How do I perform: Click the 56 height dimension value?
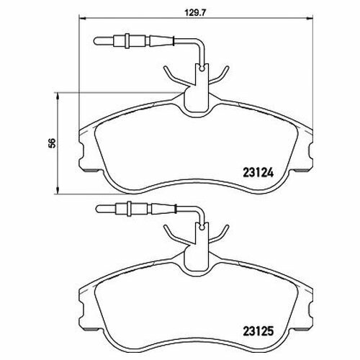pos(52,143)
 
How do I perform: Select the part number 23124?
pos(258,173)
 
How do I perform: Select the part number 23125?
pos(258,331)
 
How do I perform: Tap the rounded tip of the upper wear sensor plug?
pos(96,41)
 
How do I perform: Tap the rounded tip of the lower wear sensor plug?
pos(97,208)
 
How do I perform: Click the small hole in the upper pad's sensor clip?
pos(202,69)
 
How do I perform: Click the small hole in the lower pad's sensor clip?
pos(202,227)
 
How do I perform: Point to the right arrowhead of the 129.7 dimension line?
pos(310,17)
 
